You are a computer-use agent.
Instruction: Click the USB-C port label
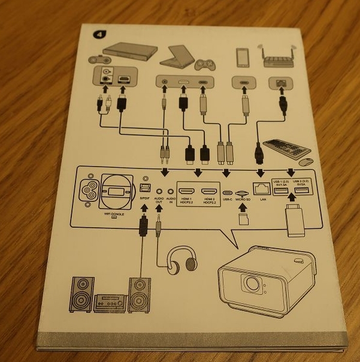point(226,198)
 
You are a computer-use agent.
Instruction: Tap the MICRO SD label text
point(243,198)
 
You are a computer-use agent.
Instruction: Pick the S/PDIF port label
point(144,198)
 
